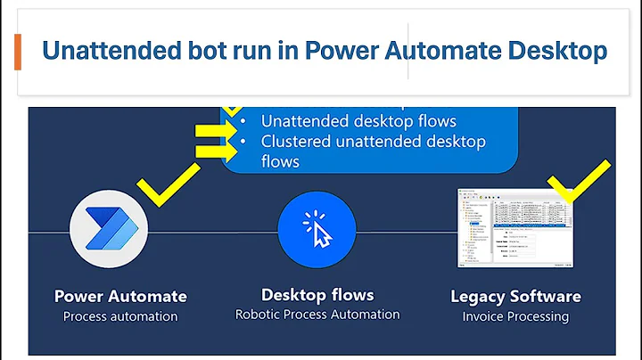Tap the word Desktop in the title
pyautogui.click(x=553, y=52)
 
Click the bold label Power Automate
pyautogui.click(x=120, y=297)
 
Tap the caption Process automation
pyautogui.click(x=120, y=316)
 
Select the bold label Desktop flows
pyautogui.click(x=317, y=295)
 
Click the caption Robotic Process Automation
pyautogui.click(x=317, y=315)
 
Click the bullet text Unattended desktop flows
pyautogui.click(x=358, y=120)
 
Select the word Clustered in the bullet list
pyautogui.click(x=300, y=142)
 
